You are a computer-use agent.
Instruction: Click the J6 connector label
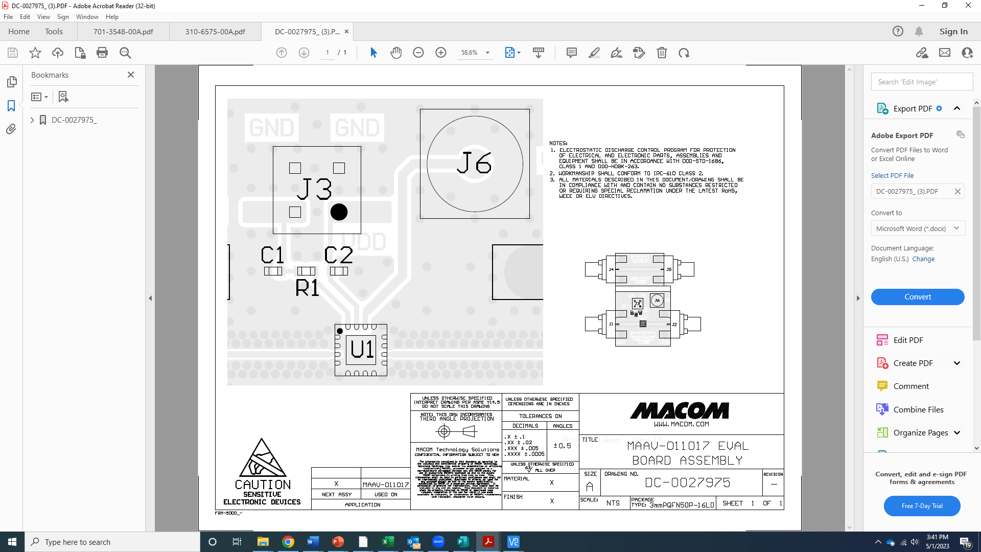[474, 163]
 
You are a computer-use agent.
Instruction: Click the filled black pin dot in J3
[339, 212]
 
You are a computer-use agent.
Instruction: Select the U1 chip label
[362, 350]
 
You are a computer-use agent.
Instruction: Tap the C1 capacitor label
[272, 255]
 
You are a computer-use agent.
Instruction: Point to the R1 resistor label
[307, 288]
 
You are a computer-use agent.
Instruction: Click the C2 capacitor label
[338, 255]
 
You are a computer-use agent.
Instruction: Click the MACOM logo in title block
[681, 410]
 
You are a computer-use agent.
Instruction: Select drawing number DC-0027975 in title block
[687, 482]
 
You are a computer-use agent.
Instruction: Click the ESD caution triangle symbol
[263, 458]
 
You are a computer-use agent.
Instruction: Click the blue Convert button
[917, 297]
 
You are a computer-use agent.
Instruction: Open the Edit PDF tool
[907, 340]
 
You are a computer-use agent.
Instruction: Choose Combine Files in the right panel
[918, 409]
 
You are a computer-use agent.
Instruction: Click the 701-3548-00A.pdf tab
[123, 32]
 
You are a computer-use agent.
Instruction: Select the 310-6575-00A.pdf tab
[215, 32]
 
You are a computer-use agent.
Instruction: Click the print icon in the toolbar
[102, 53]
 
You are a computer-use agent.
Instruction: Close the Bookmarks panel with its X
[131, 75]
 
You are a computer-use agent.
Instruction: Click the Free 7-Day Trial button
[922, 506]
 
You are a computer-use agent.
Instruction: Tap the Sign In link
[953, 32]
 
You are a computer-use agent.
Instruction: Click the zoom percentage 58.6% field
[470, 53]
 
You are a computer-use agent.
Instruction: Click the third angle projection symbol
[456, 432]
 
